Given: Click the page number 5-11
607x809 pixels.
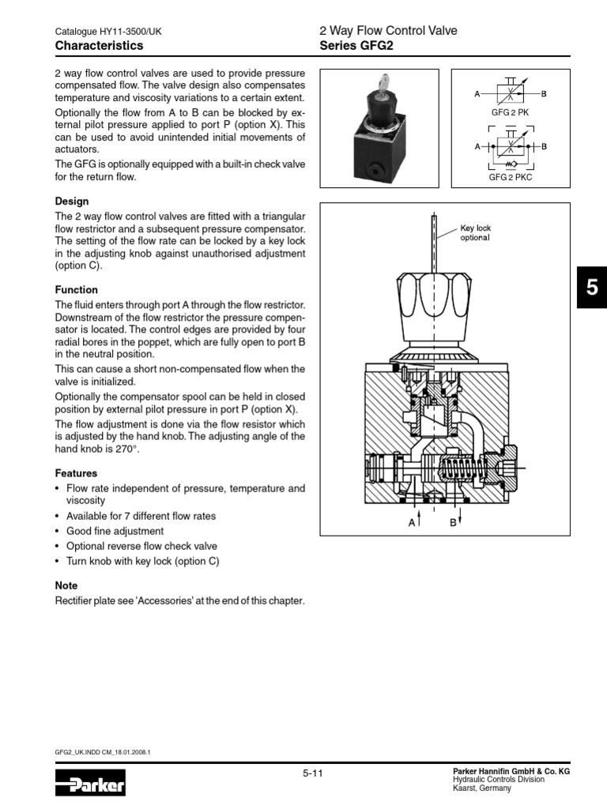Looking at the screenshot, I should click(x=313, y=774).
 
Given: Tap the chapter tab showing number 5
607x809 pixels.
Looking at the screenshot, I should click(x=591, y=288).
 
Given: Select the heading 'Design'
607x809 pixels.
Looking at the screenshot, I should click(x=72, y=201).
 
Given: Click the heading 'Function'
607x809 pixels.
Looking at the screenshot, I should click(x=77, y=290).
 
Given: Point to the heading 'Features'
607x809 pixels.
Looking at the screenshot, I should click(x=77, y=473).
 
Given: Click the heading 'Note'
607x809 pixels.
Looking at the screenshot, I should click(x=66, y=585).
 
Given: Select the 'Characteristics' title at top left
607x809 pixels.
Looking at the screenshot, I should click(x=100, y=46).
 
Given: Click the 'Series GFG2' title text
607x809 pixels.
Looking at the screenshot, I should click(x=355, y=46).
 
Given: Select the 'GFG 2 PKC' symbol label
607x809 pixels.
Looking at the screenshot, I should click(x=510, y=178).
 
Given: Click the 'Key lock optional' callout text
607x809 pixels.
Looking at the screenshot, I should click(x=475, y=233).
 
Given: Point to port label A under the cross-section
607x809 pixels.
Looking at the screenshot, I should click(x=412, y=521).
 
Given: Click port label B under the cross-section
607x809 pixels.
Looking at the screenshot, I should click(x=454, y=521).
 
